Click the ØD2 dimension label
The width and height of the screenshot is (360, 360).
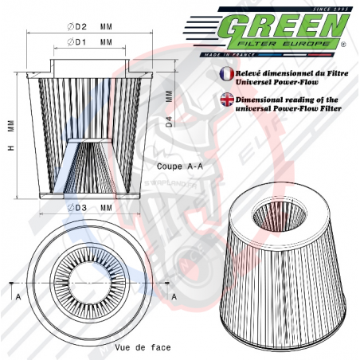coord(77,26)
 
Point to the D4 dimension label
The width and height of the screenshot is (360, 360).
coord(168,122)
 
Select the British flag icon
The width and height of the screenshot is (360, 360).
coord(225,98)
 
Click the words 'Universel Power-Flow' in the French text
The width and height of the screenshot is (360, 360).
coord(278,80)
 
